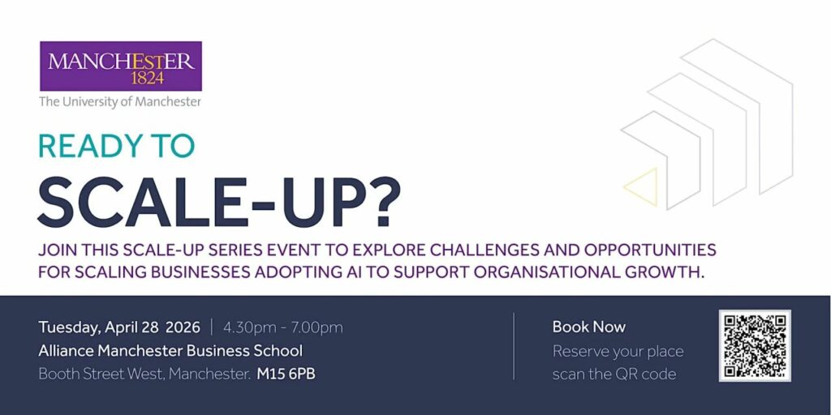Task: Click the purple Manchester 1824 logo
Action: click(121, 66)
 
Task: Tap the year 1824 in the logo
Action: click(148, 79)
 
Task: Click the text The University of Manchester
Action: click(120, 101)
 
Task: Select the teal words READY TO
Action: click(117, 146)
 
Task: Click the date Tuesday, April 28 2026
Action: click(119, 328)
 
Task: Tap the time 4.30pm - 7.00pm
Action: click(283, 328)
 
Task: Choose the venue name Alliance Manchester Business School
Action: click(170, 350)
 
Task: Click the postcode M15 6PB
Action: click(286, 374)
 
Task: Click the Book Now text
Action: click(589, 327)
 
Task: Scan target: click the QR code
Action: click(755, 345)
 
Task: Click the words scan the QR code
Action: click(614, 374)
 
